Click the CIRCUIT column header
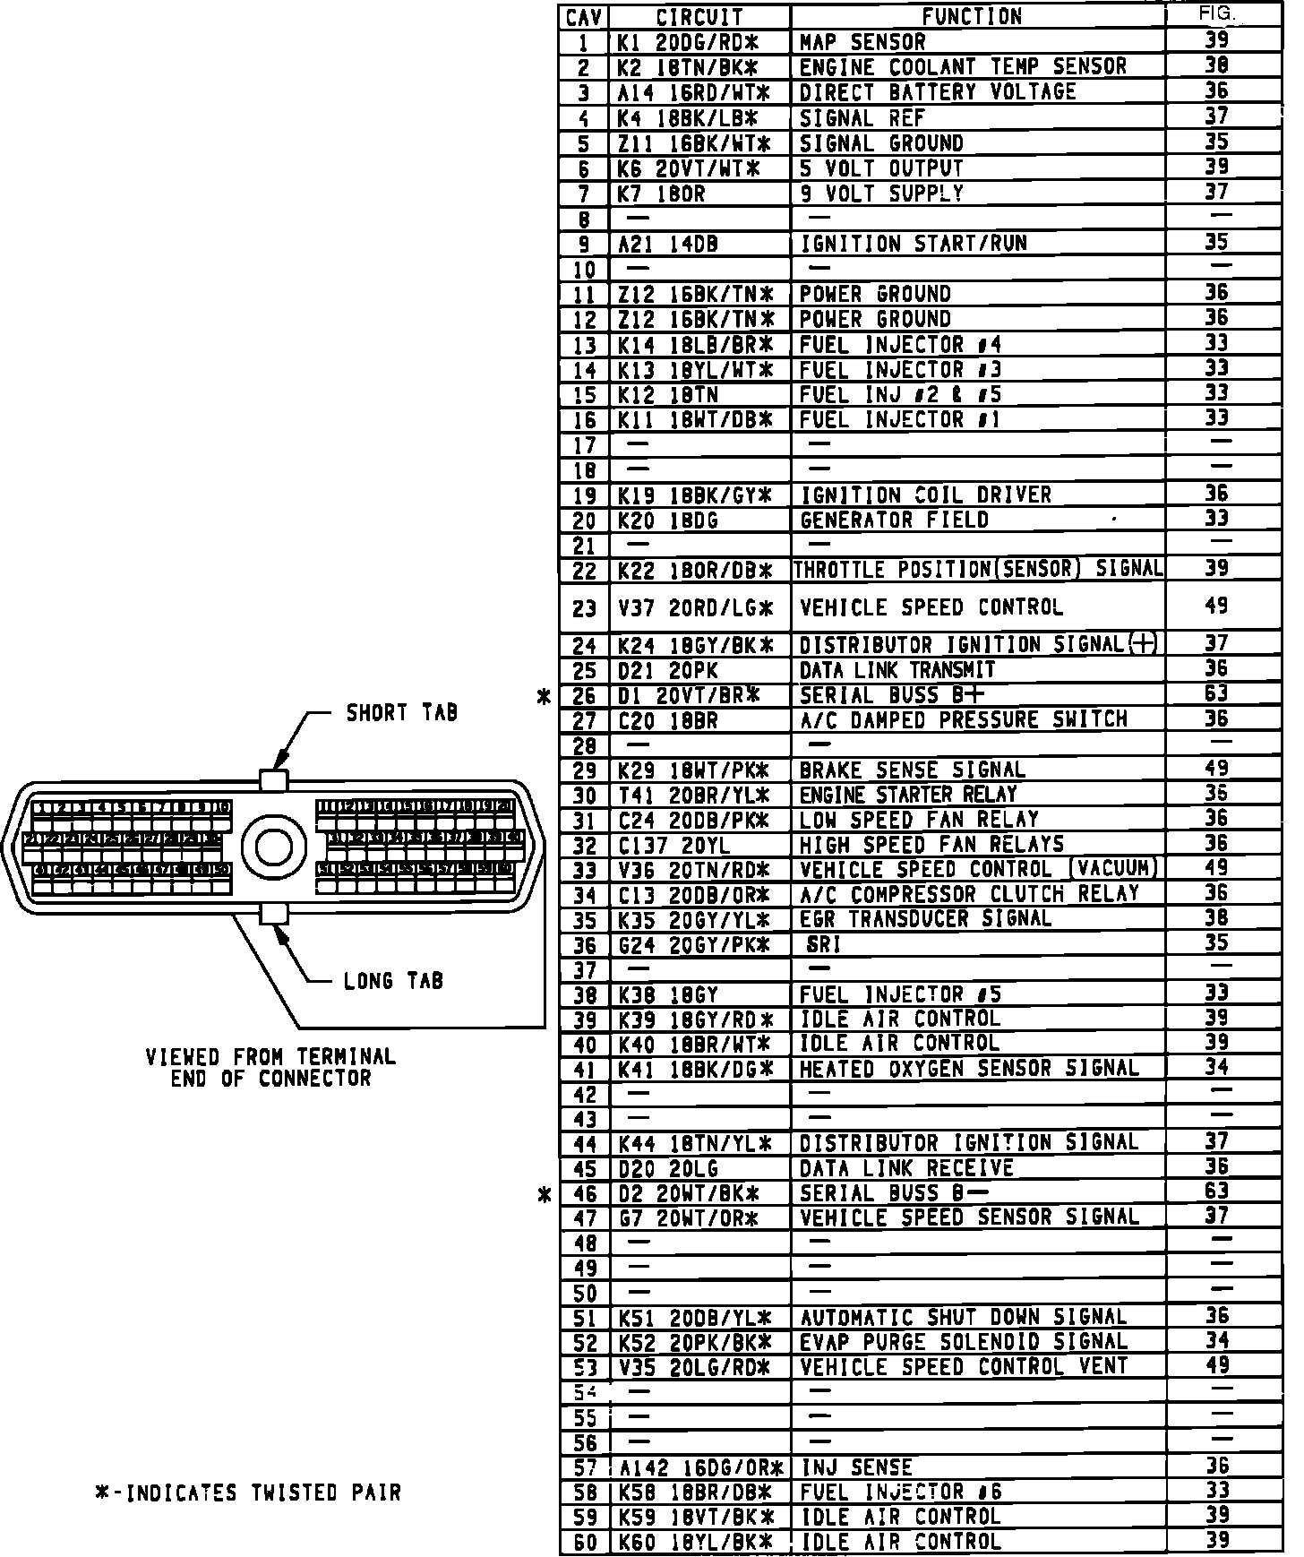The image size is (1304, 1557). [x=699, y=17]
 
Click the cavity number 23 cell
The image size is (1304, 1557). [x=584, y=609]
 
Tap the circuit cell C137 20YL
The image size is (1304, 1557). [x=673, y=846]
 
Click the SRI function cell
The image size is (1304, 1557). [x=824, y=945]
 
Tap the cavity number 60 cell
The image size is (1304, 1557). [x=584, y=1543]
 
